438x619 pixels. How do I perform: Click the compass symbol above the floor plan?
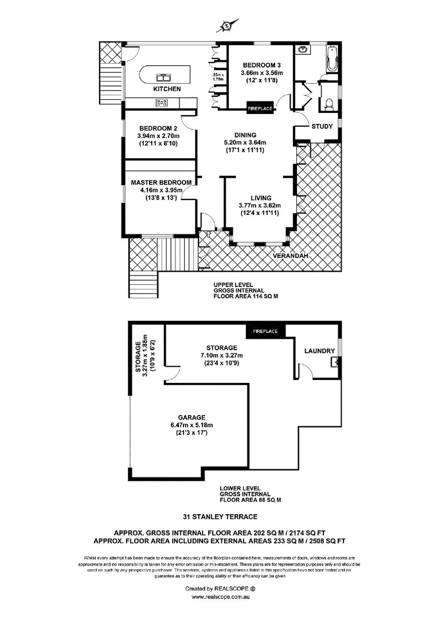click(228, 25)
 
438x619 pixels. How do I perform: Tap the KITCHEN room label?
click(167, 89)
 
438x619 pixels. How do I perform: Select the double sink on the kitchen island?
click(163, 76)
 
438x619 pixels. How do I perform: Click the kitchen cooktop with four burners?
click(162, 103)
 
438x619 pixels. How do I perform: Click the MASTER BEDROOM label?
click(157, 183)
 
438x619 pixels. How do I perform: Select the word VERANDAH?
click(288, 256)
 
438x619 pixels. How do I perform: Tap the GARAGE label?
click(191, 417)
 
